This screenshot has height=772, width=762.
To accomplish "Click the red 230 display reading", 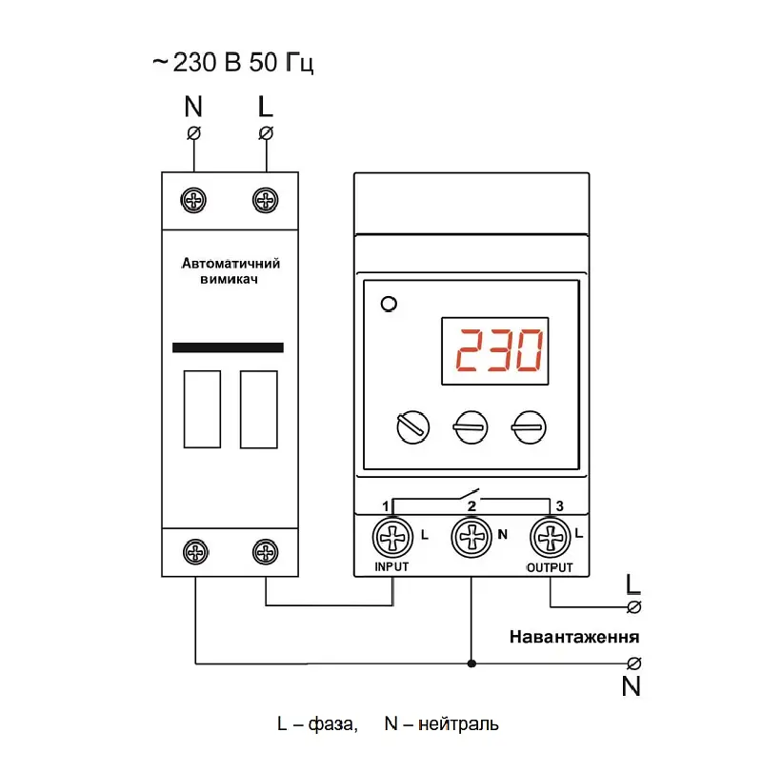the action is (x=499, y=350).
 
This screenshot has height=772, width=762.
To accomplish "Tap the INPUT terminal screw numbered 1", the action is (x=392, y=537).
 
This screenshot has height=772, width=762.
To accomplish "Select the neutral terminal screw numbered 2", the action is (x=471, y=537).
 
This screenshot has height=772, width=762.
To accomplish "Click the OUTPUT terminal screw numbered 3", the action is (x=551, y=537).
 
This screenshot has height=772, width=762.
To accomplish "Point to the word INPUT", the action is (x=391, y=566).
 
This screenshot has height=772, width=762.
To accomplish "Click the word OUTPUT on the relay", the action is (x=550, y=567).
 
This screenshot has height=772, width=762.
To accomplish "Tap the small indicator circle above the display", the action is (x=390, y=304).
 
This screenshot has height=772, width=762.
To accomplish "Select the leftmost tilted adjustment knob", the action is (x=412, y=426).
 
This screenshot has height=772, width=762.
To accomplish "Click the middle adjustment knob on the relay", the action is (x=471, y=427).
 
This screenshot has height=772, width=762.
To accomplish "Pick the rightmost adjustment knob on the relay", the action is (x=529, y=427).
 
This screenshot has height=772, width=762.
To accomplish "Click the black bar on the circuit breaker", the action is (x=228, y=347).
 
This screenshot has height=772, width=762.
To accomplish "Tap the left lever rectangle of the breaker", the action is (x=202, y=409).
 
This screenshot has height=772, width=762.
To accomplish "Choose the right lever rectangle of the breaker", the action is (x=258, y=409).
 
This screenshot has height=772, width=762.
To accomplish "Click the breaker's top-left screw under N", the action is (x=193, y=201).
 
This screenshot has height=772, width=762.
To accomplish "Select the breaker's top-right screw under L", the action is (x=266, y=201).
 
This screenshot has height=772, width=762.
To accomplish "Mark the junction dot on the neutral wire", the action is (x=471, y=663).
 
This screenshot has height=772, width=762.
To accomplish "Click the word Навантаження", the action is (x=574, y=637).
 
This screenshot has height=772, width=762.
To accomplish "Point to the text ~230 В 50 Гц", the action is (x=233, y=63).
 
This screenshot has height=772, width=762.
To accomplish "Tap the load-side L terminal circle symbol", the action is (x=634, y=607).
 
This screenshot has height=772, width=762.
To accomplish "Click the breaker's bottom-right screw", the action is (x=266, y=552).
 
